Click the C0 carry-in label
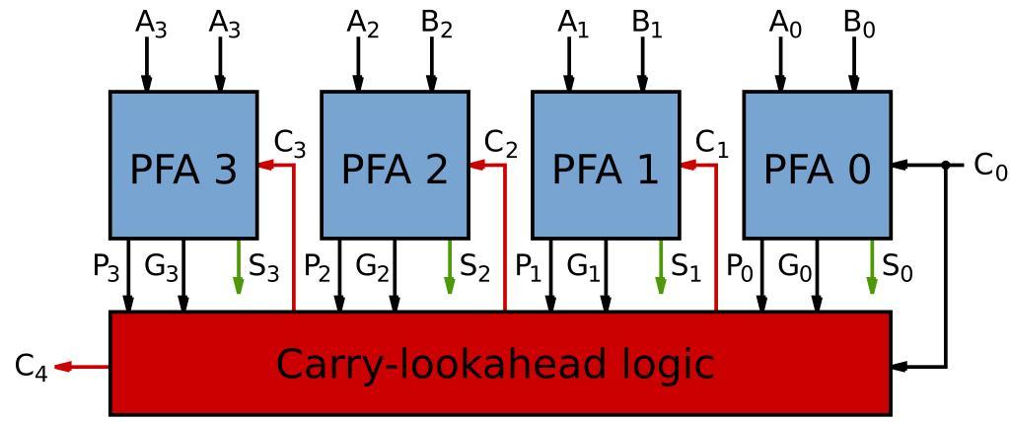tap(989, 166)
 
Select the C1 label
tap(711, 144)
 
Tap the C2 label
tap(500, 144)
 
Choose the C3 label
tap(289, 144)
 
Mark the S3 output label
tap(264, 268)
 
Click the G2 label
tap(372, 268)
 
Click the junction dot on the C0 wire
tap(945, 165)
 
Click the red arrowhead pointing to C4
tap(62, 367)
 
